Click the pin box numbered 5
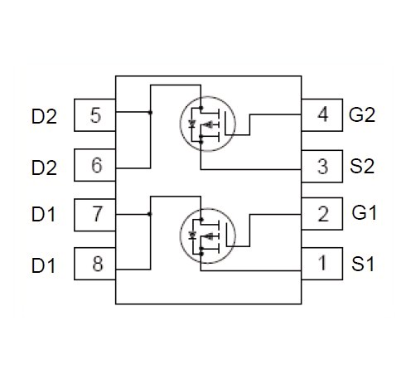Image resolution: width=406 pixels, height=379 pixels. tap(94, 115)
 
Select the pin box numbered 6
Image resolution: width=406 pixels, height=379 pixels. tap(94, 165)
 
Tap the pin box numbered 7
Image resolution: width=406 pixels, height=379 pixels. tap(94, 215)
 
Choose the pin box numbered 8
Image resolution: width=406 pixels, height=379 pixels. tap(94, 264)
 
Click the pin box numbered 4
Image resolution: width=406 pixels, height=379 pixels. tap(322, 115)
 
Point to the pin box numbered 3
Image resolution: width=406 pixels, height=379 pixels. tap(322, 167)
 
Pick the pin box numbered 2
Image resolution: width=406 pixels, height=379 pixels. tap(322, 214)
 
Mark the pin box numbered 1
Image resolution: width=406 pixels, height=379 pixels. tap(322, 264)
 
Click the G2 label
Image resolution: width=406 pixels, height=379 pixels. tap(362, 114)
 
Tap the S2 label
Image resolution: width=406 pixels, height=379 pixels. tap(362, 166)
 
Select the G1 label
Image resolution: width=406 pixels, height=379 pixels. tap(364, 213)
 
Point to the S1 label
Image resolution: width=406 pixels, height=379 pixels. tap(363, 264)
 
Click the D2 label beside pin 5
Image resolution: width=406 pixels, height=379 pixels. tap(44, 116)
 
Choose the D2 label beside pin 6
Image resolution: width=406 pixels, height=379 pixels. tap(44, 168)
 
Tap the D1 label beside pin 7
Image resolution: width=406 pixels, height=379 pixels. tap(43, 214)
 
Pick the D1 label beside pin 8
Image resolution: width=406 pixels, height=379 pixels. tap(43, 265)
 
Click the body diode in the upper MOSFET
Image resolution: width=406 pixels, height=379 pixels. tap(192, 124)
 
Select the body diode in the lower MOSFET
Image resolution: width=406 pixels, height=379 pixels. tap(192, 236)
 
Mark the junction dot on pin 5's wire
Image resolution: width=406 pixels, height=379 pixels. tap(150, 112)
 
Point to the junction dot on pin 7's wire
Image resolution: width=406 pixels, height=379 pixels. tap(150, 214)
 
